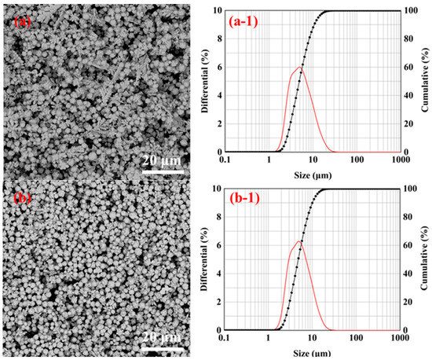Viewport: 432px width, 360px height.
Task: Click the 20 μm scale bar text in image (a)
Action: [163, 160]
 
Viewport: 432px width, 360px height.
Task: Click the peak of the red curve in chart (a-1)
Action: [300, 67]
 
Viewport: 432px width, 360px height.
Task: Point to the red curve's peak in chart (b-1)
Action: [299, 241]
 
